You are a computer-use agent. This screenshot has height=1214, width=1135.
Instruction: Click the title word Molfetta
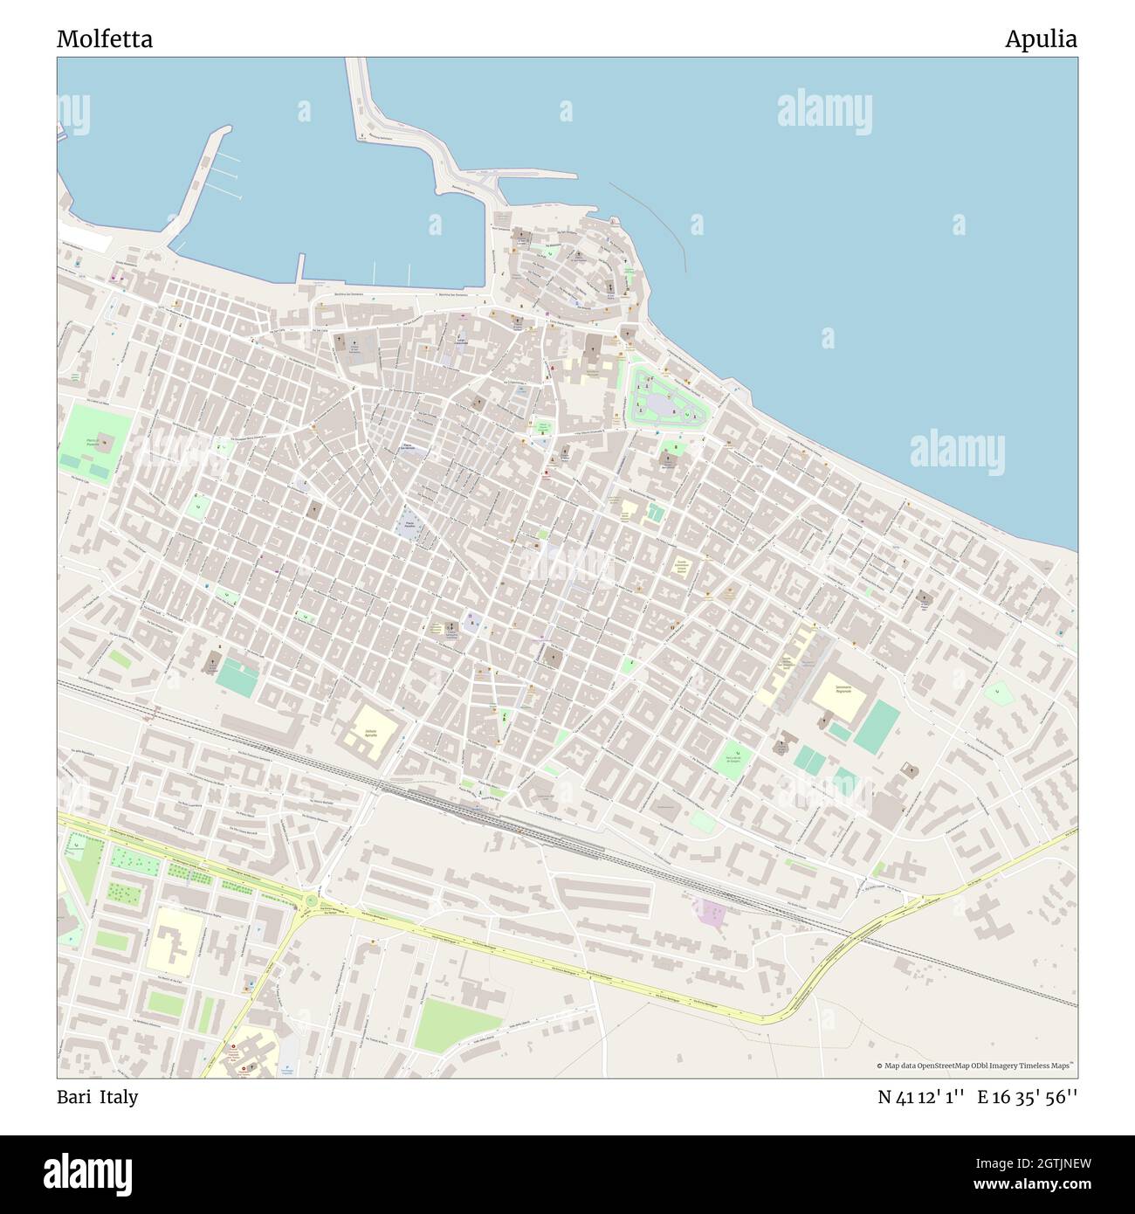point(105,39)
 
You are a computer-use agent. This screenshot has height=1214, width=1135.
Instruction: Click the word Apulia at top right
point(1040,39)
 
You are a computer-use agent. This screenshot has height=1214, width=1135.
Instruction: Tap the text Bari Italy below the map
point(97,1097)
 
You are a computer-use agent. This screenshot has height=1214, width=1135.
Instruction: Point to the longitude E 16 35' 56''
point(1028,1097)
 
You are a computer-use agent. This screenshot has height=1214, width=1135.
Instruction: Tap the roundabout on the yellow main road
point(310,901)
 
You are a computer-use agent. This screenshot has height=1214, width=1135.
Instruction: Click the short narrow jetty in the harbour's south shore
point(300,267)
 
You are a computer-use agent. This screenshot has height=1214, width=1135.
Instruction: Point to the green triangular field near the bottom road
point(448,1025)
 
